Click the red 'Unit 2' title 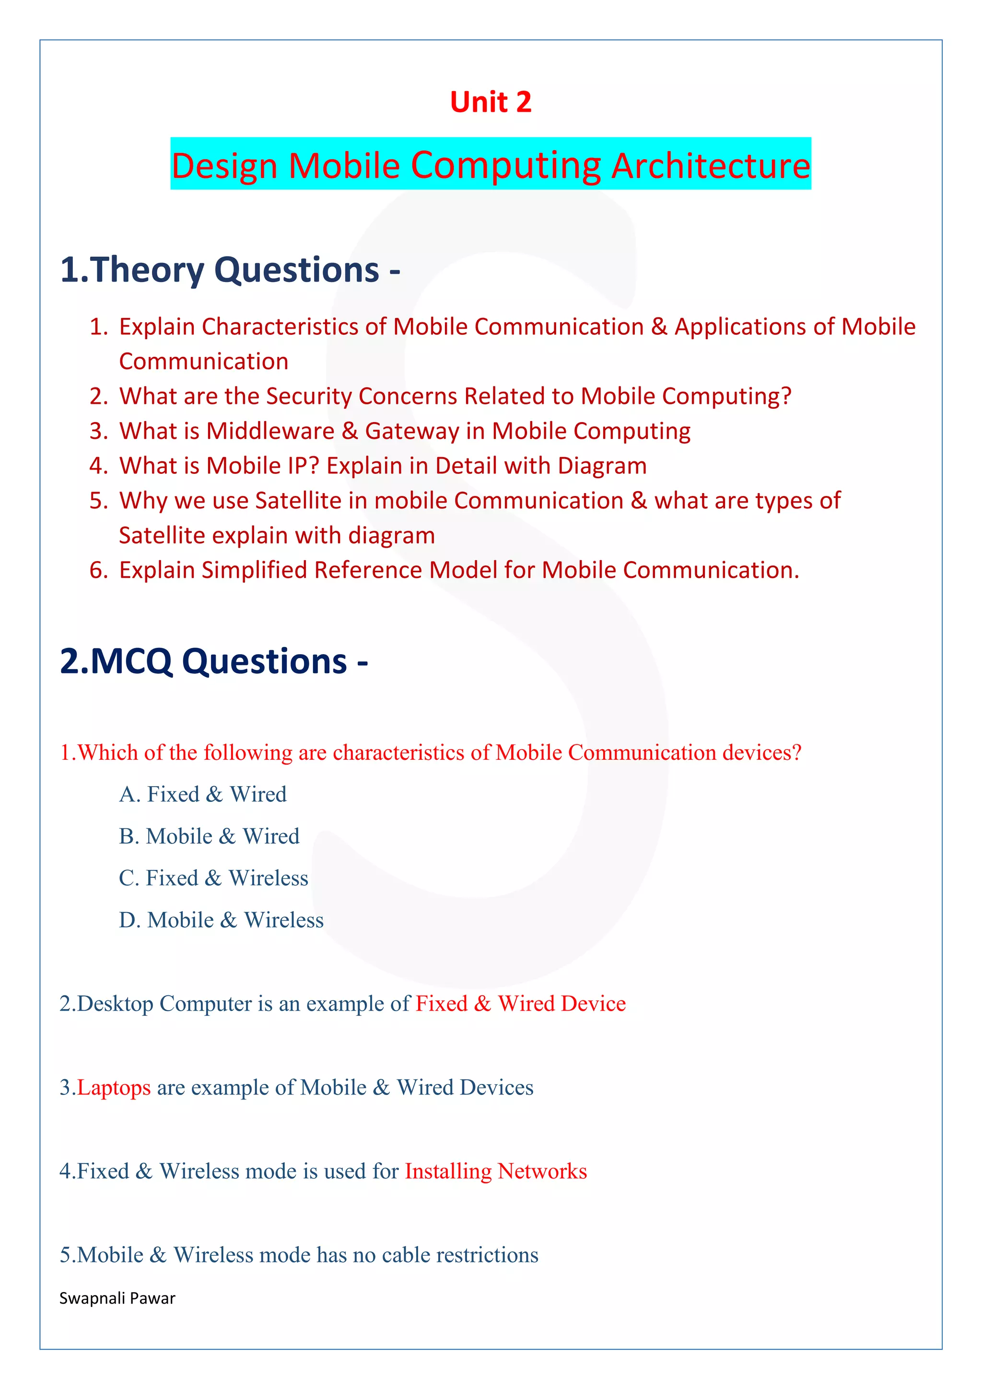click(x=491, y=102)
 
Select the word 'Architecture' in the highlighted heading click(x=711, y=166)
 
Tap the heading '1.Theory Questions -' click(x=230, y=270)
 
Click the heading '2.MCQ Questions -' click(x=214, y=661)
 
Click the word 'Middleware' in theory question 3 click(x=270, y=431)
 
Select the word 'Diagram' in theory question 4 click(x=602, y=466)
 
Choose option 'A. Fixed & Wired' click(x=202, y=794)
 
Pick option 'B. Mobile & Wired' click(x=209, y=836)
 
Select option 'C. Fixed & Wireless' click(x=213, y=878)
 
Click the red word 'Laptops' click(x=114, y=1088)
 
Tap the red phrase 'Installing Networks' click(x=496, y=1171)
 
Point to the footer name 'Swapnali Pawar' click(x=117, y=1298)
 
